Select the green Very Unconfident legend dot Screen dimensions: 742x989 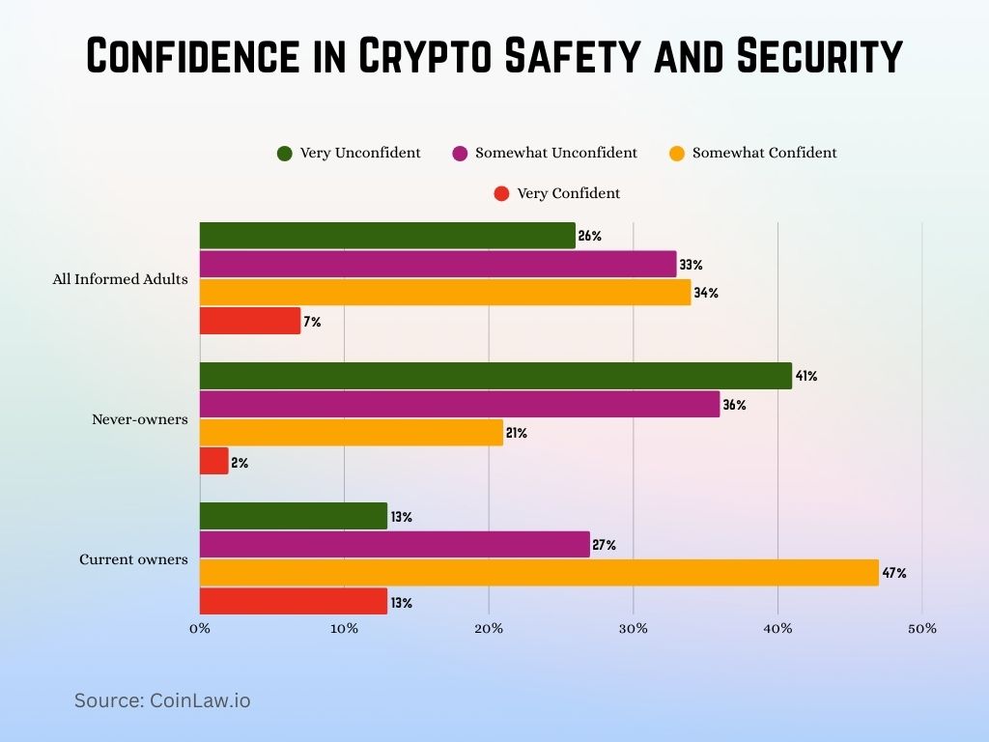point(285,153)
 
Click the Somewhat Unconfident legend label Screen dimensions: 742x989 point(555,153)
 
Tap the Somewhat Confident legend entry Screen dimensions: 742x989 point(764,153)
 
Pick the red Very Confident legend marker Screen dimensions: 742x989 point(501,193)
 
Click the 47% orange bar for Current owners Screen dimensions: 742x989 point(539,573)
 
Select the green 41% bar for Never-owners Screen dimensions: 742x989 point(495,376)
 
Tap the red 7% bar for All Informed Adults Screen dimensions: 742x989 point(250,321)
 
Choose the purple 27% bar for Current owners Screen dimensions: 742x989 point(394,545)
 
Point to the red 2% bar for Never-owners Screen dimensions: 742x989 point(214,461)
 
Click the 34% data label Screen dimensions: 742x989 point(706,293)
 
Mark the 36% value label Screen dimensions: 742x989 point(734,405)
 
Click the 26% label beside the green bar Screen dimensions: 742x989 point(590,236)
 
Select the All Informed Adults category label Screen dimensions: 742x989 point(120,280)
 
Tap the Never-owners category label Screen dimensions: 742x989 point(140,419)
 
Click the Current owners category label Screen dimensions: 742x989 point(133,559)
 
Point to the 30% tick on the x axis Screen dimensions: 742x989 point(633,629)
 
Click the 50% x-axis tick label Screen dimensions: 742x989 point(921,629)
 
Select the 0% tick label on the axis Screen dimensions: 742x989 point(200,629)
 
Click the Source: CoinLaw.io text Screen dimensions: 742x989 point(162,700)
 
